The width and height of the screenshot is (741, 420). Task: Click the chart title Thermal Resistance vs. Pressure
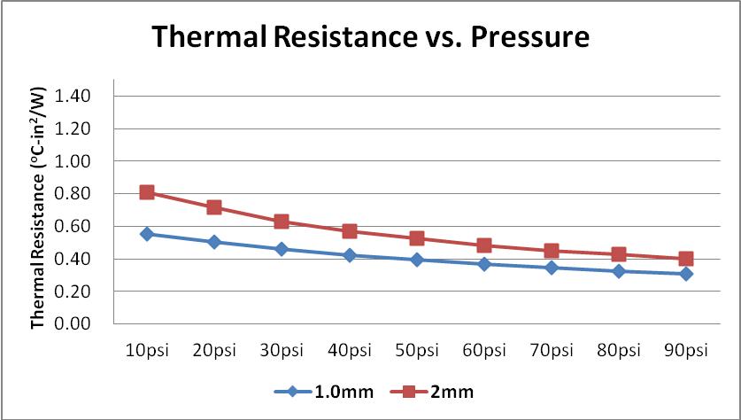point(370,38)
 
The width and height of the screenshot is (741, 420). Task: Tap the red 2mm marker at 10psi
point(147,192)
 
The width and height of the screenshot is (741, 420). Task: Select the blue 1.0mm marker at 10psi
point(147,234)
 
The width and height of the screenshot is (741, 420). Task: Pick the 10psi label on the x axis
point(147,350)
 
